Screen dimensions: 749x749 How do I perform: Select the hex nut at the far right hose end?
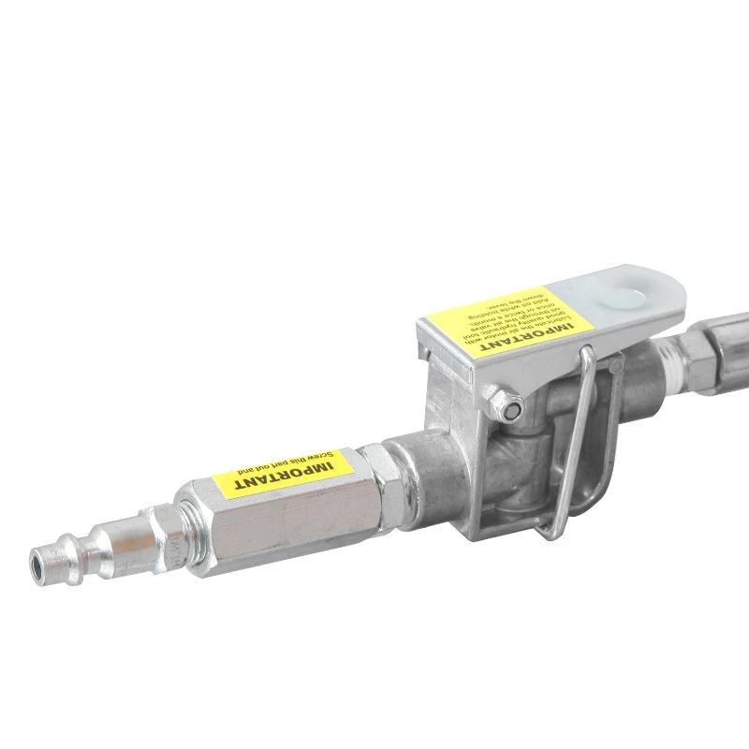(698, 350)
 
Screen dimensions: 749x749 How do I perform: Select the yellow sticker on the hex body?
(281, 473)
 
